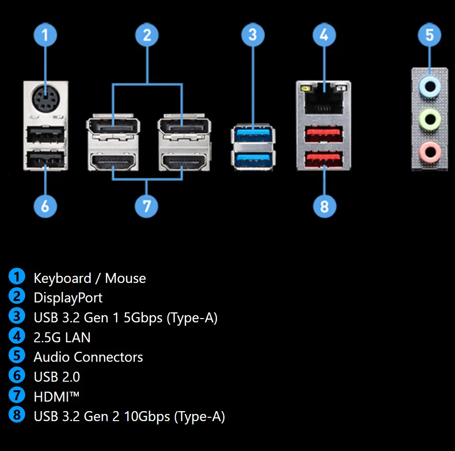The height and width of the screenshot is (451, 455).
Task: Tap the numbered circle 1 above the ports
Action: pos(46,35)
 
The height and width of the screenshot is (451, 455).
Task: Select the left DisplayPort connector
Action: pos(113,126)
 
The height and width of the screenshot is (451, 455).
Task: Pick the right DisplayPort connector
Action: pos(184,126)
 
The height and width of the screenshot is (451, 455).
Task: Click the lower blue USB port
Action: pos(253,158)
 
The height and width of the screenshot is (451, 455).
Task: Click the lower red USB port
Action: pos(324,158)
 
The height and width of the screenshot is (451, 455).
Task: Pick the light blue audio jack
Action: pos(430,86)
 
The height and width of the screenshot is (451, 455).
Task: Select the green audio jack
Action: pos(430,117)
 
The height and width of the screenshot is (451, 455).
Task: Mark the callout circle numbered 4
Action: pos(324,35)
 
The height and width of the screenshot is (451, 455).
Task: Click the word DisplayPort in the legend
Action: pos(68,298)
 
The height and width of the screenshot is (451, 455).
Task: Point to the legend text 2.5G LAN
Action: pos(62,337)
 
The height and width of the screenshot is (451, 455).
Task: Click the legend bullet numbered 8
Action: pos(17,415)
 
